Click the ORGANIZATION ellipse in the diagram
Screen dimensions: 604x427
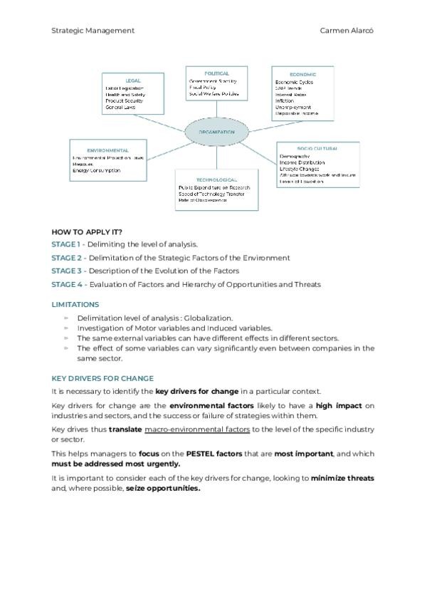click(216, 132)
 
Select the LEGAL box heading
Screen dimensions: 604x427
click(133, 80)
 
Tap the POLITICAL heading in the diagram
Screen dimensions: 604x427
click(216, 73)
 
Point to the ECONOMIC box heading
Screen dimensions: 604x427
click(302, 74)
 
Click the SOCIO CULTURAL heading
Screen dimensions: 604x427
click(317, 148)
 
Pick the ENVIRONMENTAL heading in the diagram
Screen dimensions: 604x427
click(107, 150)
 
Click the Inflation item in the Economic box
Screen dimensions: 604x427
click(285, 101)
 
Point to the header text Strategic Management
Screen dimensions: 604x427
click(93, 31)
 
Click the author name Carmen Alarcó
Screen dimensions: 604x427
click(347, 31)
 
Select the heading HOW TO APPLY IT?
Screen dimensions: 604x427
click(87, 232)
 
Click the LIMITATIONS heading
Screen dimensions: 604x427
click(75, 304)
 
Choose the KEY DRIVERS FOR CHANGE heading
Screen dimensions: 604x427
click(102, 378)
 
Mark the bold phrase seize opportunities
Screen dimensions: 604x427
click(167, 489)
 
